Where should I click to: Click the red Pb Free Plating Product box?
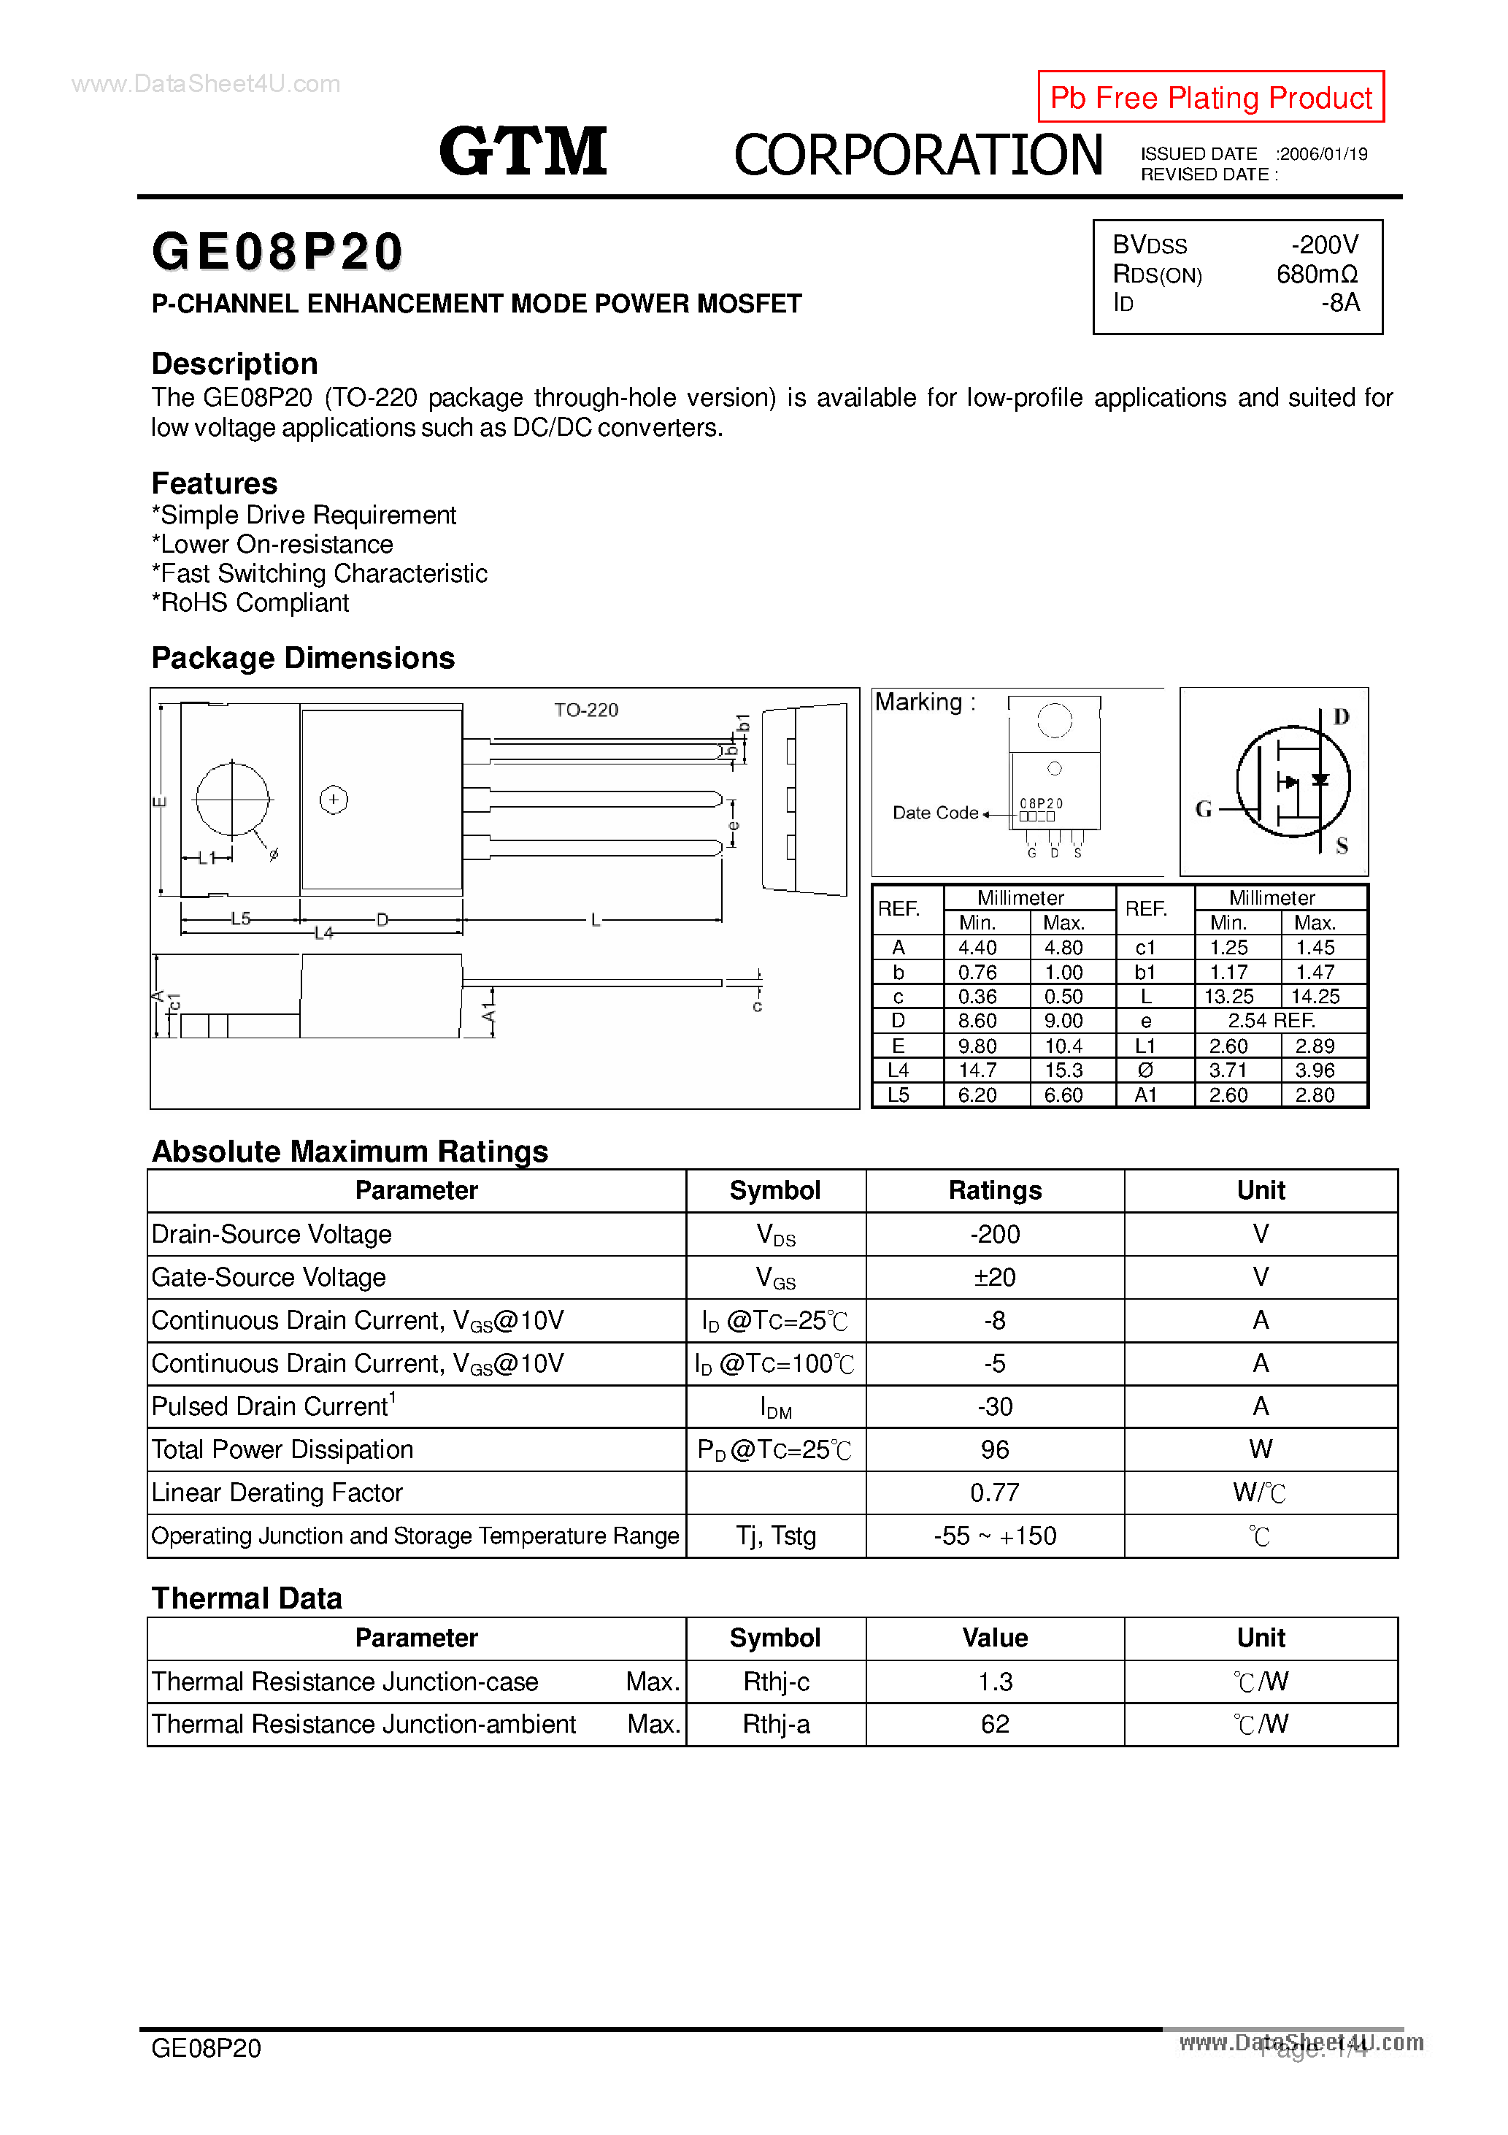(x=1209, y=96)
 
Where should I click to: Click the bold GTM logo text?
(x=523, y=152)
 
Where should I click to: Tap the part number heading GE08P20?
(x=277, y=252)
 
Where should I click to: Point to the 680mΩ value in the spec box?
(x=1317, y=275)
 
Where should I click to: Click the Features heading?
(x=214, y=483)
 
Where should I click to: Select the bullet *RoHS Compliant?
(x=250, y=602)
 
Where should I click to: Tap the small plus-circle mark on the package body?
(x=334, y=800)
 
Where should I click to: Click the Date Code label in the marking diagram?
(x=934, y=813)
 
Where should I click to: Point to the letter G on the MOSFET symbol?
(x=1204, y=809)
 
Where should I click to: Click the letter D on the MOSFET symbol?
(x=1341, y=717)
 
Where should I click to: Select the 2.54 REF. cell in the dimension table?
(x=1271, y=1020)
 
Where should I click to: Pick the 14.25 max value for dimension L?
(x=1315, y=996)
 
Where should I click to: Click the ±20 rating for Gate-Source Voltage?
(x=994, y=1277)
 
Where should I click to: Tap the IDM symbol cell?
(x=775, y=1407)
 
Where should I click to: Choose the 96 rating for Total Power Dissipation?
(x=994, y=1449)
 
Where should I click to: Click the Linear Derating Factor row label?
(x=277, y=1492)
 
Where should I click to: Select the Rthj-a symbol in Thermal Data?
(x=775, y=1724)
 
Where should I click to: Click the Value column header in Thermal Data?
(x=994, y=1638)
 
